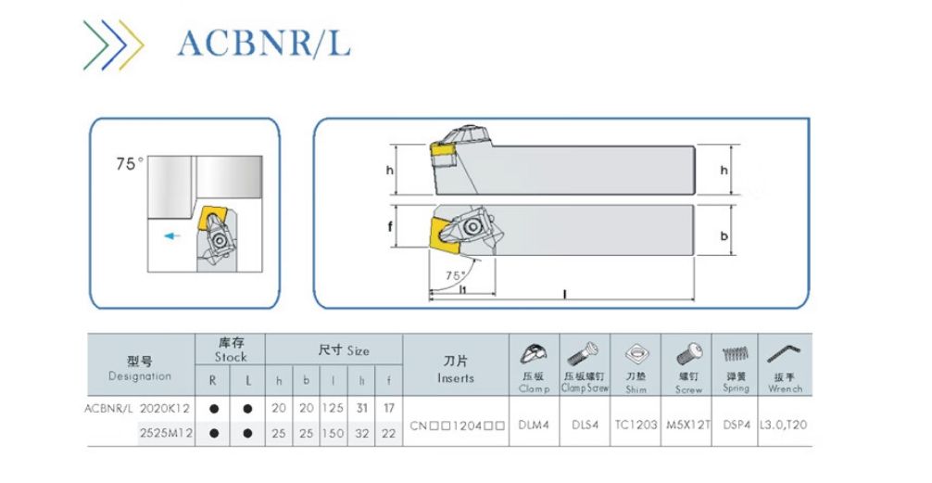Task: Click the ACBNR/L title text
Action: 265,43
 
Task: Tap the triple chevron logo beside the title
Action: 113,43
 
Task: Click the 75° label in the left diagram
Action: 130,164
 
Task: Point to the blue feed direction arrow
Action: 170,236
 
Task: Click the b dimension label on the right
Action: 724,236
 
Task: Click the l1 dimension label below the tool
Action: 463,289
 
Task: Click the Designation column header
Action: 140,369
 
